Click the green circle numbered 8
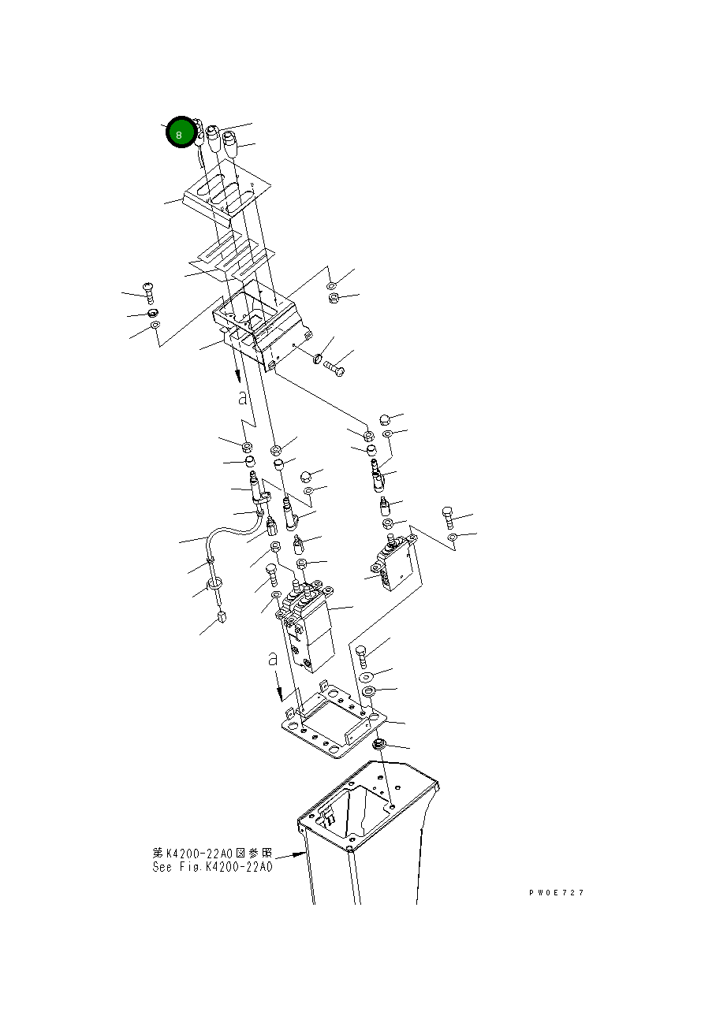(180, 133)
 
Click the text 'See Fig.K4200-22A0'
(212, 867)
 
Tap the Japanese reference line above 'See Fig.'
(212, 853)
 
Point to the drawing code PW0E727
(557, 892)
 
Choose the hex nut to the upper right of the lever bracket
(333, 299)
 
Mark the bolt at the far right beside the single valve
(447, 516)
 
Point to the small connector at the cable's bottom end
(222, 618)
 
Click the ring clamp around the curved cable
(213, 584)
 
